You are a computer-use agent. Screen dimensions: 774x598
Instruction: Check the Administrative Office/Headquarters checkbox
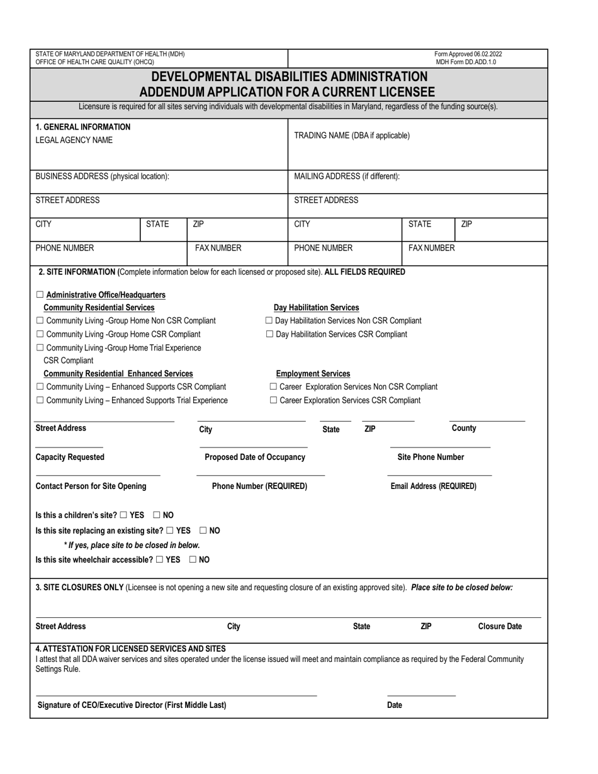[x=40, y=294]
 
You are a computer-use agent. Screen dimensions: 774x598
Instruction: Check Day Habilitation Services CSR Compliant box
[x=269, y=334]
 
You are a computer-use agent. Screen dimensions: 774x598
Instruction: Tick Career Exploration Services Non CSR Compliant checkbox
[x=273, y=387]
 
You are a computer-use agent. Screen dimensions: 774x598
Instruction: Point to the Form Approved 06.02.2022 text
[x=468, y=55]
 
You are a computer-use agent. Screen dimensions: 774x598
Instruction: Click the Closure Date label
[x=500, y=627]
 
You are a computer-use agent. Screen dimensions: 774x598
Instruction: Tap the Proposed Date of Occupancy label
[x=255, y=457]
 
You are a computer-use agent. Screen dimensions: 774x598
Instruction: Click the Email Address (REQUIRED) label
[x=433, y=486]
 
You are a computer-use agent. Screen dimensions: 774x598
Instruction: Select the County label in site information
[x=464, y=429]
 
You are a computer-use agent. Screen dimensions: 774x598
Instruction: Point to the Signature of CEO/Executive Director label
[x=132, y=705]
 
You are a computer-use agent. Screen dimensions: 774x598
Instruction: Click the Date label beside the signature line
[x=394, y=705]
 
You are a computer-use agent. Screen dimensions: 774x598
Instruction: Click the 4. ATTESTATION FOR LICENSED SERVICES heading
[x=130, y=649]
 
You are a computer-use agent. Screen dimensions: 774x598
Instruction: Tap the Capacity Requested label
[x=70, y=457]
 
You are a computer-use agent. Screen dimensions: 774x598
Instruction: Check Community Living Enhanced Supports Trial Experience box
[x=40, y=400]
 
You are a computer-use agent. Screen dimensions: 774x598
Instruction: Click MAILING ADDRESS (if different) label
[x=346, y=176]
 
